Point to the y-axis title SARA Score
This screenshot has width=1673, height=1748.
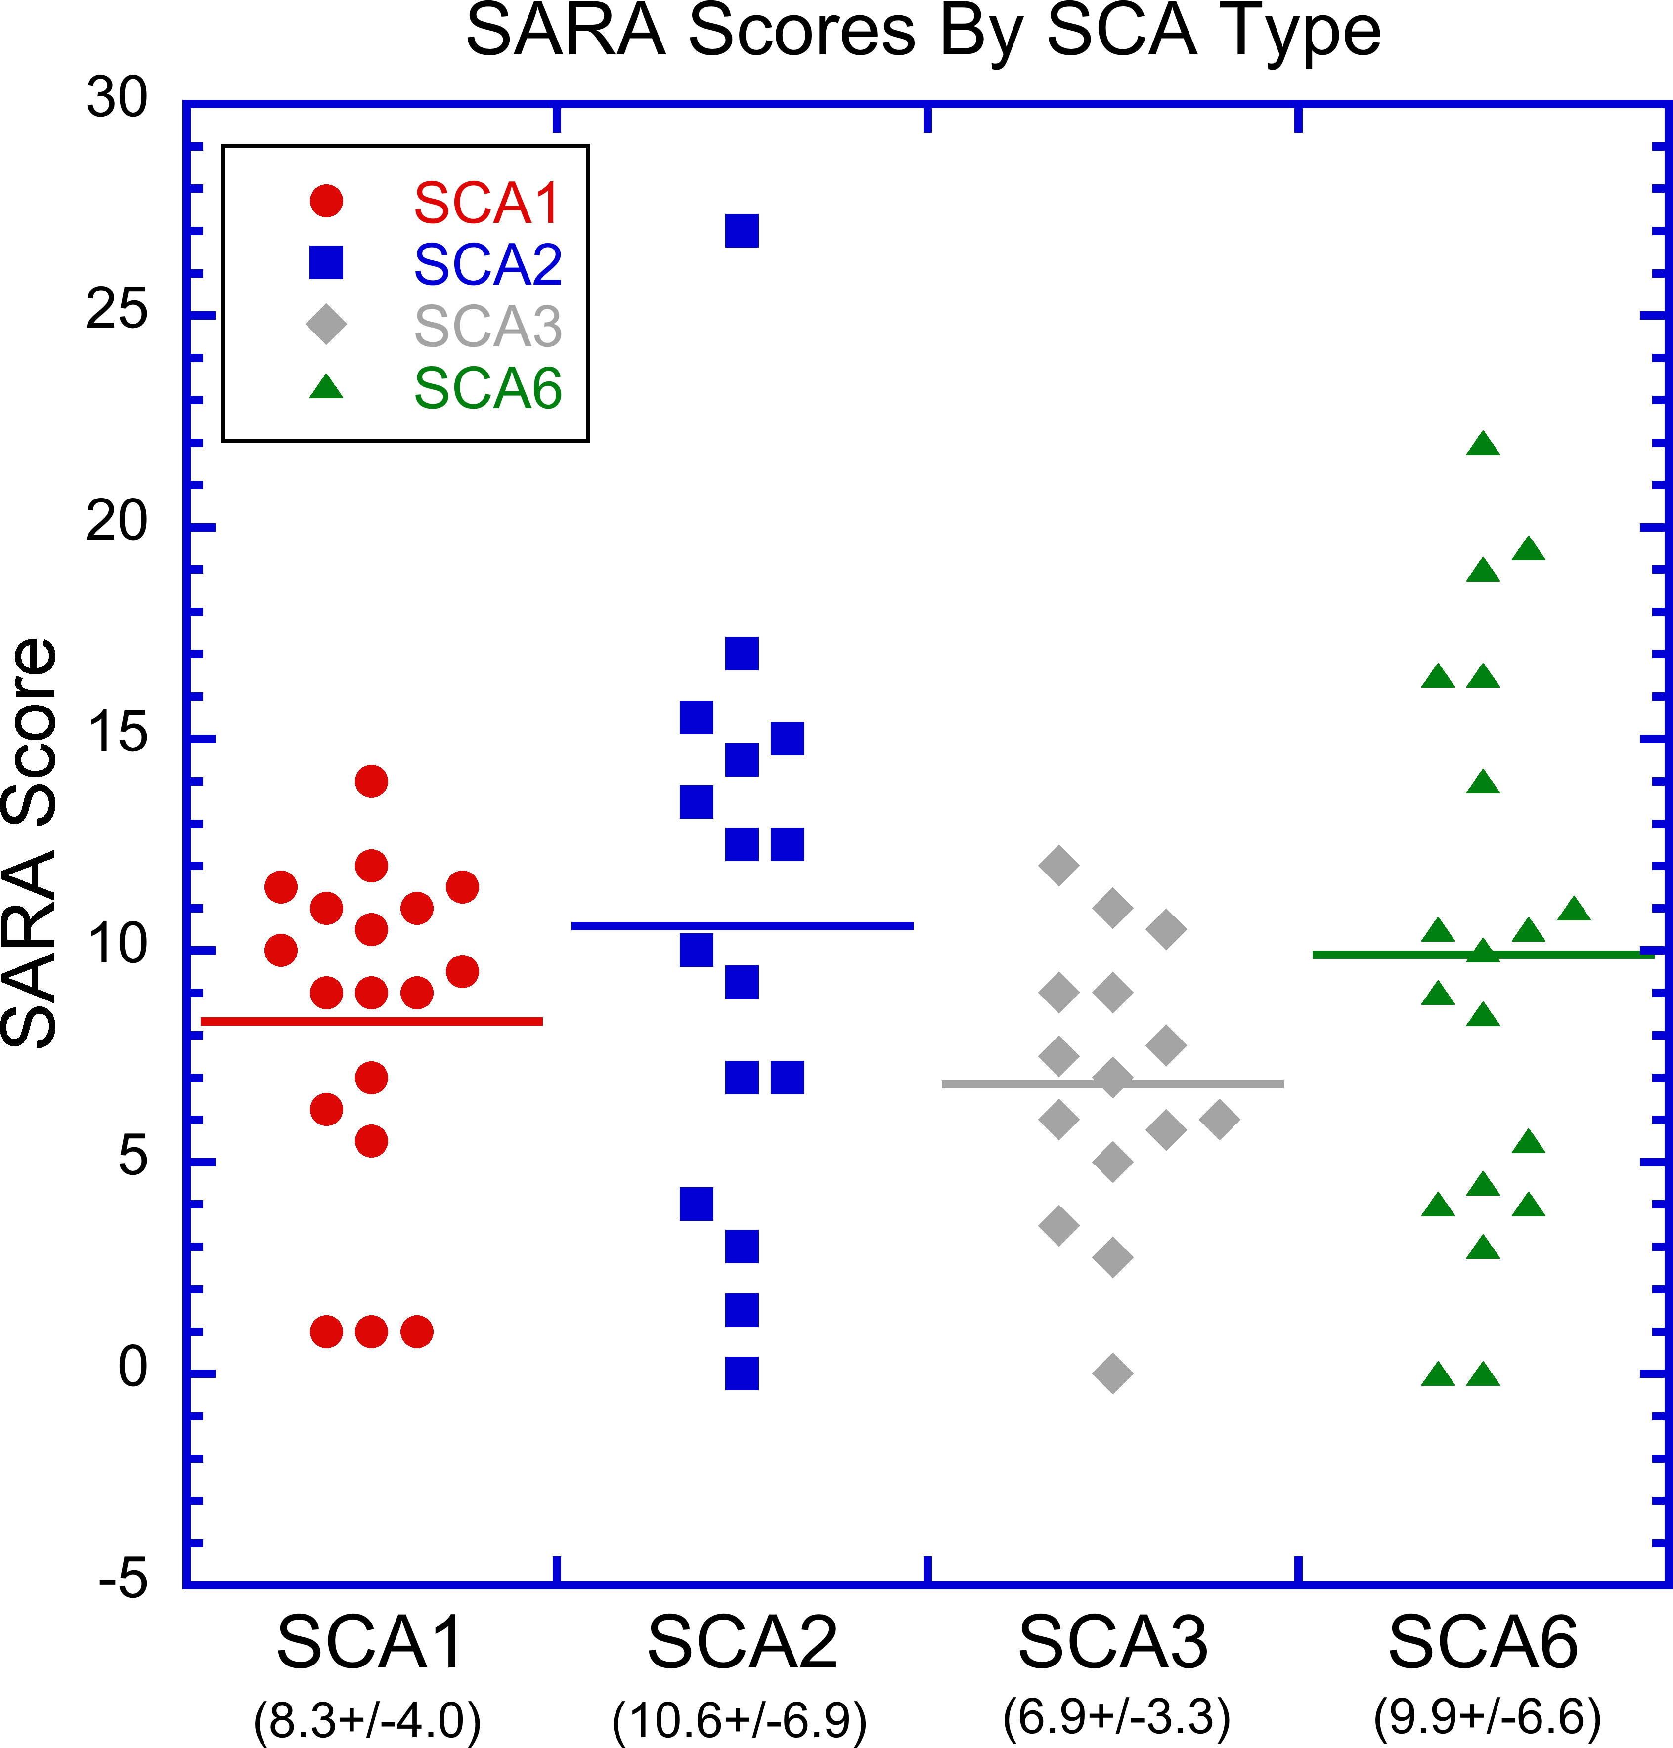(x=30, y=842)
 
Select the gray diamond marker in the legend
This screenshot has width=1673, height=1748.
(x=326, y=324)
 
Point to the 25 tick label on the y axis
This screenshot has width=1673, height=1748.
(x=116, y=311)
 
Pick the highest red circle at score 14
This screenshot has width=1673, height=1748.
(x=371, y=781)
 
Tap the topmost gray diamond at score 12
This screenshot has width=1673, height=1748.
(x=1058, y=865)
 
